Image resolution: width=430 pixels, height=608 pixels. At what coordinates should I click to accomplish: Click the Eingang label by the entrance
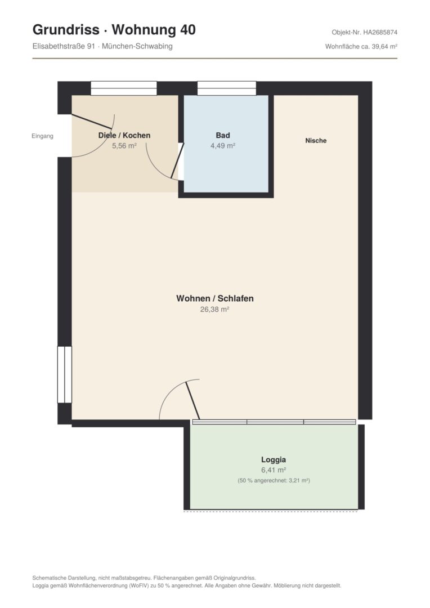pos(42,136)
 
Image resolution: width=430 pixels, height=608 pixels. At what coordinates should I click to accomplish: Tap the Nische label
pos(316,141)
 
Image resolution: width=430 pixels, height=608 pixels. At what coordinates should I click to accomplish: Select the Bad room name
pos(223,135)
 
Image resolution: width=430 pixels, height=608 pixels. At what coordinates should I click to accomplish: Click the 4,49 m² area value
pos(223,146)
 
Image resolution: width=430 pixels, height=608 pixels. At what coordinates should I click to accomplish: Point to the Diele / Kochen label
pos(124,135)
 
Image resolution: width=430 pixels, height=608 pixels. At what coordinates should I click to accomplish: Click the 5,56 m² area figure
pos(124,146)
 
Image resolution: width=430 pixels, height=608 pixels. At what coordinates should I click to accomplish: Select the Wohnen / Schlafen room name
pos(215,298)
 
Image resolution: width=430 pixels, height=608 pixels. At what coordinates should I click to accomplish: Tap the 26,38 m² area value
pos(214,310)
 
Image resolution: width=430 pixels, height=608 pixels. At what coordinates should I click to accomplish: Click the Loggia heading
pos(274,460)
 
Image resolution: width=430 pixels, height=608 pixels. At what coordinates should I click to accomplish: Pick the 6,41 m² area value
pos(274,470)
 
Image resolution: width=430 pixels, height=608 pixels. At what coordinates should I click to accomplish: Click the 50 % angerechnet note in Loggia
pos(274,480)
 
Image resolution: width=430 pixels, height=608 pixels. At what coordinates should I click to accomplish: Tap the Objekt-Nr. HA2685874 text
pos(365,32)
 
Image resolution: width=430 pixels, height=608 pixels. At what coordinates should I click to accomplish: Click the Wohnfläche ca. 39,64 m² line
pos(361,47)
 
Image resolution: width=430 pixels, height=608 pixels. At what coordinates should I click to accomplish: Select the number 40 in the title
pos(187,29)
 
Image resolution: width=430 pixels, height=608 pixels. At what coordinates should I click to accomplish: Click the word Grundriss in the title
pos(66,29)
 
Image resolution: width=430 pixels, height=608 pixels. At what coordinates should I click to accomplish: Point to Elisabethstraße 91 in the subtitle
pos(64,46)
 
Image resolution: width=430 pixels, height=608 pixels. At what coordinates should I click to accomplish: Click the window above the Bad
pos(227,88)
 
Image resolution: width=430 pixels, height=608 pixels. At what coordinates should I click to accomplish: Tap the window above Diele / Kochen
pos(124,88)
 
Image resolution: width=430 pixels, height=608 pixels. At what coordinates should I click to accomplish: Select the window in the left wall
pos(64,374)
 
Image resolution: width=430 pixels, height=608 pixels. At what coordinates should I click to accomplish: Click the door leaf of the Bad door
pos(177,160)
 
